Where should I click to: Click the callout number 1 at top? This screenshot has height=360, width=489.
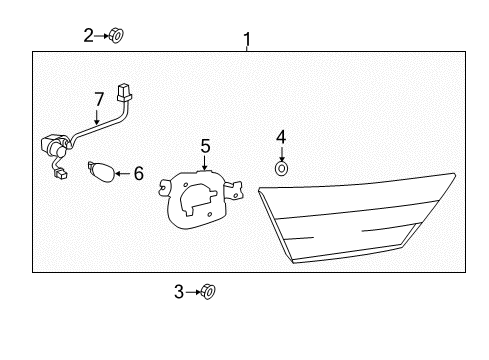(x=247, y=39)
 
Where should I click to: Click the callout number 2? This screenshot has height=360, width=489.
(x=89, y=36)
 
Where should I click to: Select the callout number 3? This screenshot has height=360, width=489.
(x=180, y=292)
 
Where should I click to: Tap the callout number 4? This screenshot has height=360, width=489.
(x=281, y=136)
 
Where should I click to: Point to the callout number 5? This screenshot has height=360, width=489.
(x=205, y=147)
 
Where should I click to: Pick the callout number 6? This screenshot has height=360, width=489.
(x=138, y=174)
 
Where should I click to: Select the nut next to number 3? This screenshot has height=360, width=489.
(x=208, y=292)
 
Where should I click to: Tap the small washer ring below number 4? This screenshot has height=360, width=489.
(x=281, y=168)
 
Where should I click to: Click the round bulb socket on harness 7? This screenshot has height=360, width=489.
(x=52, y=146)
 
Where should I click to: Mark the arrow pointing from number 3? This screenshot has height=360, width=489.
(x=193, y=292)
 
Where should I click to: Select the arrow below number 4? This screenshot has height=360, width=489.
(x=281, y=152)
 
